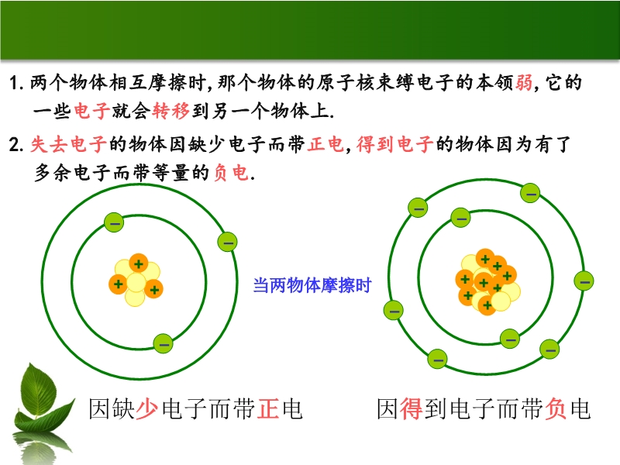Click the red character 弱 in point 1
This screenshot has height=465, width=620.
coord(524,83)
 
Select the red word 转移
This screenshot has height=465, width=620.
coord(170,111)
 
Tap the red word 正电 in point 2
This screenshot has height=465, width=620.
coord(325,143)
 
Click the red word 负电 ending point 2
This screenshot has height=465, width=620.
coord(231,172)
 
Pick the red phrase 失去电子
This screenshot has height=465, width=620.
coord(68,143)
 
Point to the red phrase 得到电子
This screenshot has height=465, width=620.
coord(394,143)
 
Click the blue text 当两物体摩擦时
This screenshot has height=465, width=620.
coord(312,285)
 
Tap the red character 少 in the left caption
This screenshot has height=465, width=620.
coord(147,409)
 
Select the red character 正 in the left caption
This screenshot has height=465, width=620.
coord(268,409)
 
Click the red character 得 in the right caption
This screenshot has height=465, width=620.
coord(412,409)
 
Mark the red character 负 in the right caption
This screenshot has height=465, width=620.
coord(556,409)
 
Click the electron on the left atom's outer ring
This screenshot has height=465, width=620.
coord(227,242)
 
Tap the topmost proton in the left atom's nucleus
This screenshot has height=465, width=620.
coord(139,263)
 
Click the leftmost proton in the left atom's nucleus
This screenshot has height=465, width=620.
coord(119,284)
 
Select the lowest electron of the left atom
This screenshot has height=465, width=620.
coord(163,343)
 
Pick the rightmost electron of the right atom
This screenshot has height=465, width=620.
coord(584,281)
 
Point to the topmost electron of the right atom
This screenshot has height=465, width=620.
coord(530,193)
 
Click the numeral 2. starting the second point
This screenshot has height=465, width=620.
coord(15,145)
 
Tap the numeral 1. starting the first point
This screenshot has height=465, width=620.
coord(15,84)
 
